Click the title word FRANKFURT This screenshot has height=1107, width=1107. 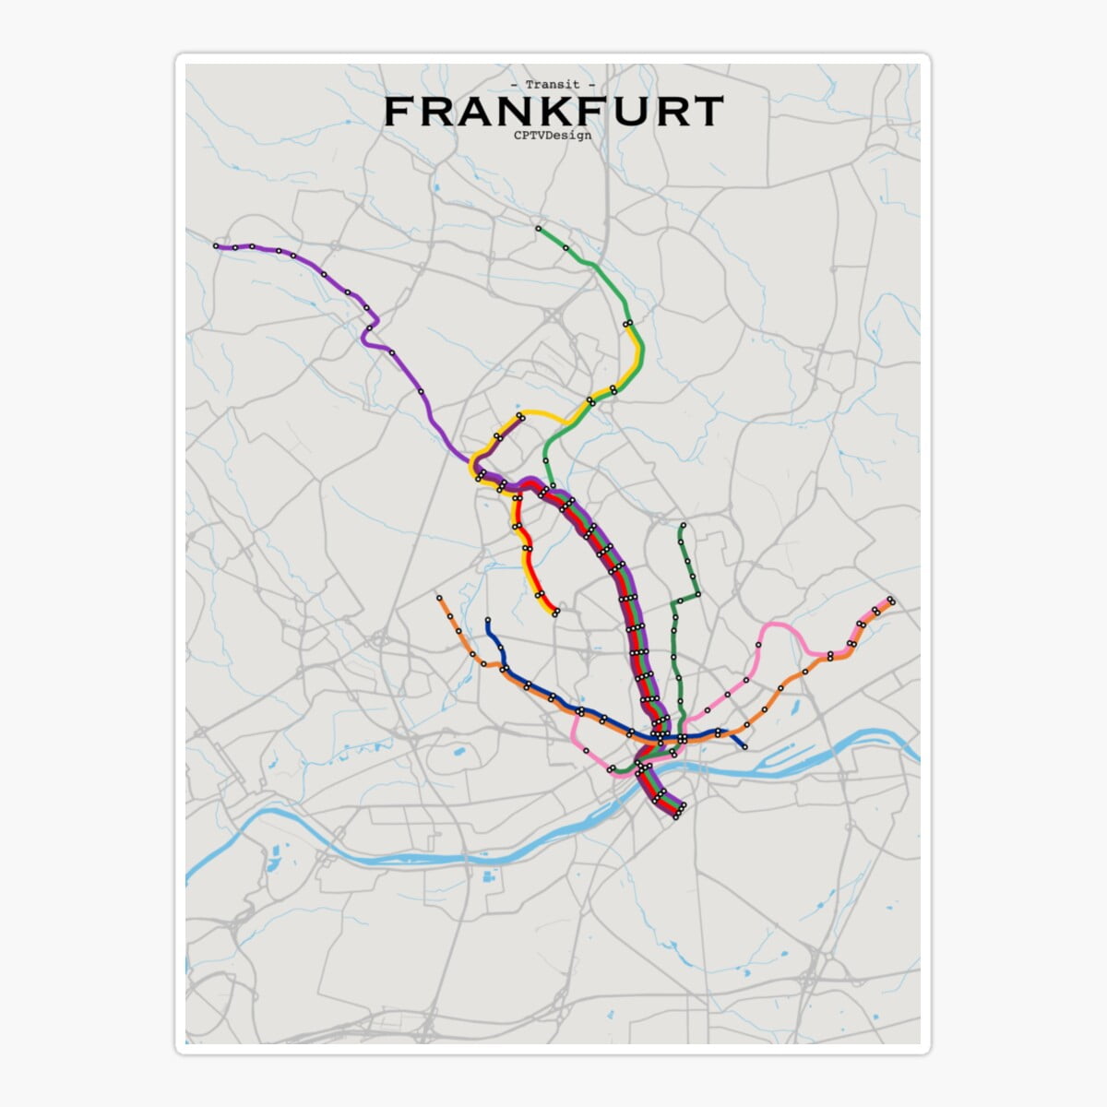point(553,111)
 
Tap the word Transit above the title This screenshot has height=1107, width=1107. point(553,85)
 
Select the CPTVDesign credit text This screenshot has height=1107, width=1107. point(553,135)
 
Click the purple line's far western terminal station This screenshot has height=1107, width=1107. point(216,246)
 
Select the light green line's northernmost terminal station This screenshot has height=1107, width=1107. point(538,228)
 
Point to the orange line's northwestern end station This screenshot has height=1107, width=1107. point(439,598)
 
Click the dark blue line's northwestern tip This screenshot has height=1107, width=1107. point(487,621)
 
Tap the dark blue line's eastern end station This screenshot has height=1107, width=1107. point(744,746)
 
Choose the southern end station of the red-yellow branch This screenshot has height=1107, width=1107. point(555,613)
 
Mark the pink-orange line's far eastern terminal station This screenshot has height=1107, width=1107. point(891,601)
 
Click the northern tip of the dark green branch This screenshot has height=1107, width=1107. point(683,527)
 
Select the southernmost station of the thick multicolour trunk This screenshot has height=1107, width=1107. point(677,815)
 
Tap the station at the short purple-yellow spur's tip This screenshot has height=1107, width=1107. point(521,416)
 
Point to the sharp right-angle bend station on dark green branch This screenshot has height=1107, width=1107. point(696,595)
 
